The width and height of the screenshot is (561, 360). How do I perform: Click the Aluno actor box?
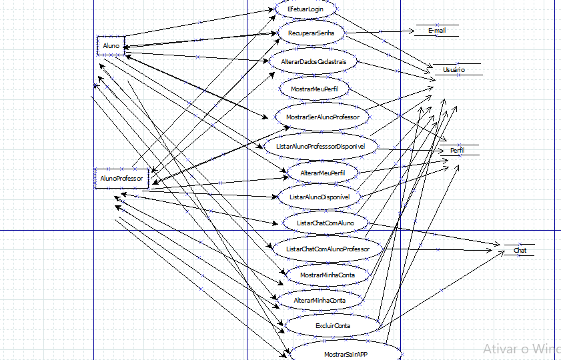pos(111,45)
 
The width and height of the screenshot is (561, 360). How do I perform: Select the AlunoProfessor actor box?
pos(121,179)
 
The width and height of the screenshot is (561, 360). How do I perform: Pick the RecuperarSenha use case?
pos(312,33)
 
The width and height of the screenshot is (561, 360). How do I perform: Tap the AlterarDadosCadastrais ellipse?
pos(314,61)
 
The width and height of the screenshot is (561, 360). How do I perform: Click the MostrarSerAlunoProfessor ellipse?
pos(322,117)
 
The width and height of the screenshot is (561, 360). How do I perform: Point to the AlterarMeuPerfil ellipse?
pos(322,173)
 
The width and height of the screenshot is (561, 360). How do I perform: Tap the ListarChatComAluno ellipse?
pos(326,222)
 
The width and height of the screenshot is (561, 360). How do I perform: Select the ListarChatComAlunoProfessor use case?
pos(328,249)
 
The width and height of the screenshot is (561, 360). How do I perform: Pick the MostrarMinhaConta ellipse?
pos(327,275)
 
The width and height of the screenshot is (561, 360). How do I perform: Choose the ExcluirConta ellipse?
pos(332,325)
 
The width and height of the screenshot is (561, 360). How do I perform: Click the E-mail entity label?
pos(437,31)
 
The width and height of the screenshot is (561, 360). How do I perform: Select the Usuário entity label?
pos(454,70)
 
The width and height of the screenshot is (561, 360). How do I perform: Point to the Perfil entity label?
pos(458,151)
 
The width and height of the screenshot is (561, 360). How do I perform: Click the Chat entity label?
pos(520,251)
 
